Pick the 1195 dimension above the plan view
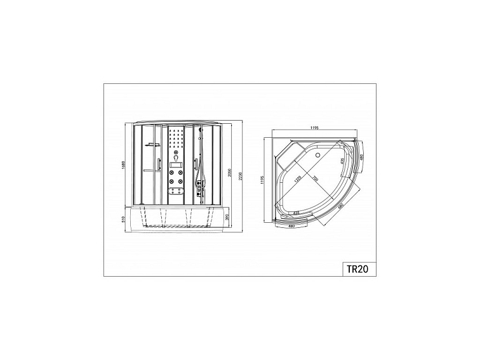(x=315, y=129)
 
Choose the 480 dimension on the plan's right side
(x=361, y=156)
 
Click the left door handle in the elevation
(x=152, y=170)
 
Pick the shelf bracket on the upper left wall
(x=152, y=145)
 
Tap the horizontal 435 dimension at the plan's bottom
(x=297, y=213)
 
